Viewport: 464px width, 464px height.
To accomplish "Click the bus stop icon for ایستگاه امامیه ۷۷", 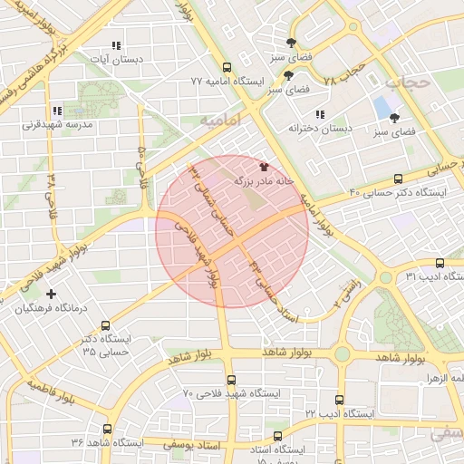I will point(226,67).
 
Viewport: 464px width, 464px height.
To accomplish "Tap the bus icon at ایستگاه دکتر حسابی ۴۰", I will point(400,179).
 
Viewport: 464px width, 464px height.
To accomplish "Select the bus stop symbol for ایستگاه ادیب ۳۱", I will point(440,263).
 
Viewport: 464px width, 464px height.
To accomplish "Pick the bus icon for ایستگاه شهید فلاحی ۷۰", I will point(231,380).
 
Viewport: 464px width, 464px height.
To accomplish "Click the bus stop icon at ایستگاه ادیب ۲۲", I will point(339,400).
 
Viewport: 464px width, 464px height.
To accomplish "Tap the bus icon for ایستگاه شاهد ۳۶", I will point(108,429).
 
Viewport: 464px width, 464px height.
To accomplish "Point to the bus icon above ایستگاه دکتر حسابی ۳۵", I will point(106,325).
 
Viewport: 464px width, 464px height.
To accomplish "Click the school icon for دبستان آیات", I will point(115,45).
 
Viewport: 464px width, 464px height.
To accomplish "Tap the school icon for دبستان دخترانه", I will point(319,114).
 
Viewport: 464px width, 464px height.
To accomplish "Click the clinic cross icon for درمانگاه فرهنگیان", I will point(51,294).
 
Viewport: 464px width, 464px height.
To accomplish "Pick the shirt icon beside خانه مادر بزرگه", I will point(264,167).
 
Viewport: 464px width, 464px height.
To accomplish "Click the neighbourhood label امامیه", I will point(218,119).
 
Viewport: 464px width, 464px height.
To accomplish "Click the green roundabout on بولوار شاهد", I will point(342,353).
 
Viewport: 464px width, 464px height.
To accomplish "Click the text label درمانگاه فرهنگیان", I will point(57,308).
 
